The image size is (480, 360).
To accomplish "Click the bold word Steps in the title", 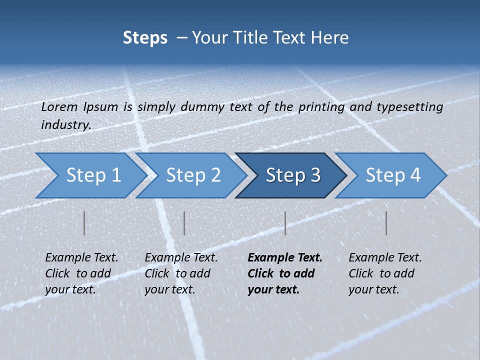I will (x=145, y=38).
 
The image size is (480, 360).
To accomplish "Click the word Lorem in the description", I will (x=59, y=106).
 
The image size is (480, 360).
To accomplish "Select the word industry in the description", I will (x=65, y=124).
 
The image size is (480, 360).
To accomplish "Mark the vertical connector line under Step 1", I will (x=84, y=223).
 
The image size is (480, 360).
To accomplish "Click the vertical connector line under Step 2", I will (x=184, y=223).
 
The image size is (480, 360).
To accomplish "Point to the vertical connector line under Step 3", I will (x=285, y=223).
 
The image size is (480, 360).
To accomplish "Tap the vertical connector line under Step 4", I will (x=386, y=223).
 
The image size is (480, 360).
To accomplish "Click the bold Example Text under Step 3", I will (x=285, y=258).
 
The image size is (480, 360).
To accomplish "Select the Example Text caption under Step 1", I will (x=81, y=258).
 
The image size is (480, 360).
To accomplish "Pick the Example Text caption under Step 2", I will (x=181, y=258).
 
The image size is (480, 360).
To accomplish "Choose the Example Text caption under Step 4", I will (x=385, y=258).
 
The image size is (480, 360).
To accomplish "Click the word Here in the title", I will (x=330, y=38).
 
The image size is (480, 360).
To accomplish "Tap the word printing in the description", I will (x=321, y=107).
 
